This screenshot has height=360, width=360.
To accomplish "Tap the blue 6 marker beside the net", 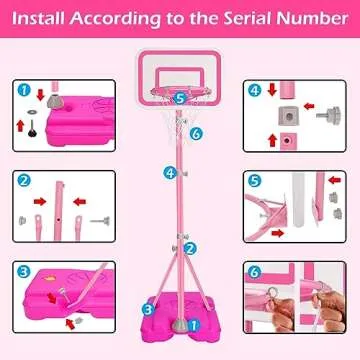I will point(197,133).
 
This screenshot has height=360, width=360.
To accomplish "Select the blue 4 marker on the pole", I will point(171,171).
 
